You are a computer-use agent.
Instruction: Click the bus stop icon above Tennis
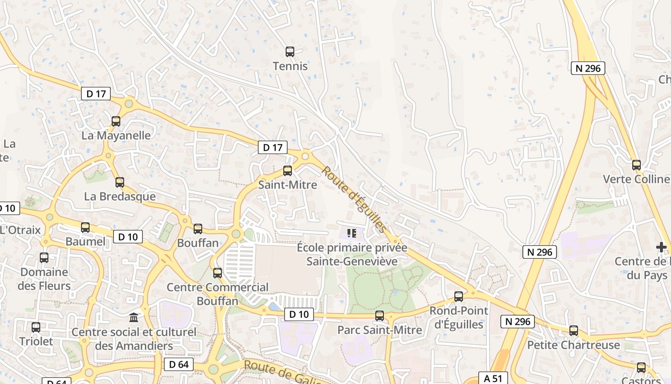[290, 52]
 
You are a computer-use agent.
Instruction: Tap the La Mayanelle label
[116, 135]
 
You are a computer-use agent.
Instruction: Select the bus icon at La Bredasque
[120, 182]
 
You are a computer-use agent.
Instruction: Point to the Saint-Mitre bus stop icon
[288, 170]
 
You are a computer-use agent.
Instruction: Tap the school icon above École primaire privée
[352, 233]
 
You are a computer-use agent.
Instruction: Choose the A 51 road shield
[493, 378]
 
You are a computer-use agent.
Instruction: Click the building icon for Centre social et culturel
[134, 317]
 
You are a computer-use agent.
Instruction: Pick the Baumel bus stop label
[85, 241]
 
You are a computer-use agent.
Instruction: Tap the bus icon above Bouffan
[198, 229]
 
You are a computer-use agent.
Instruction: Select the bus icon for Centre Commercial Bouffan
[218, 273]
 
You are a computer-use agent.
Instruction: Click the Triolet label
[36, 341]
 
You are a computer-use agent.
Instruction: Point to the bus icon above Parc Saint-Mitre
[380, 316]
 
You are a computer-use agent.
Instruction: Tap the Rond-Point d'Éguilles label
[459, 317]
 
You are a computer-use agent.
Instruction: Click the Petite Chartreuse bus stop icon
[574, 330]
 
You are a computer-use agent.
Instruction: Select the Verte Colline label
[636, 179]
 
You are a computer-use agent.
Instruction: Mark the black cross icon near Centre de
[661, 247]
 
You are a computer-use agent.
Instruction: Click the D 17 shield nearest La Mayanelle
[96, 94]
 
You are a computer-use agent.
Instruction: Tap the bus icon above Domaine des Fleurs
[44, 258]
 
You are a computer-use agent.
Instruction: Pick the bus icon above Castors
[641, 368]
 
